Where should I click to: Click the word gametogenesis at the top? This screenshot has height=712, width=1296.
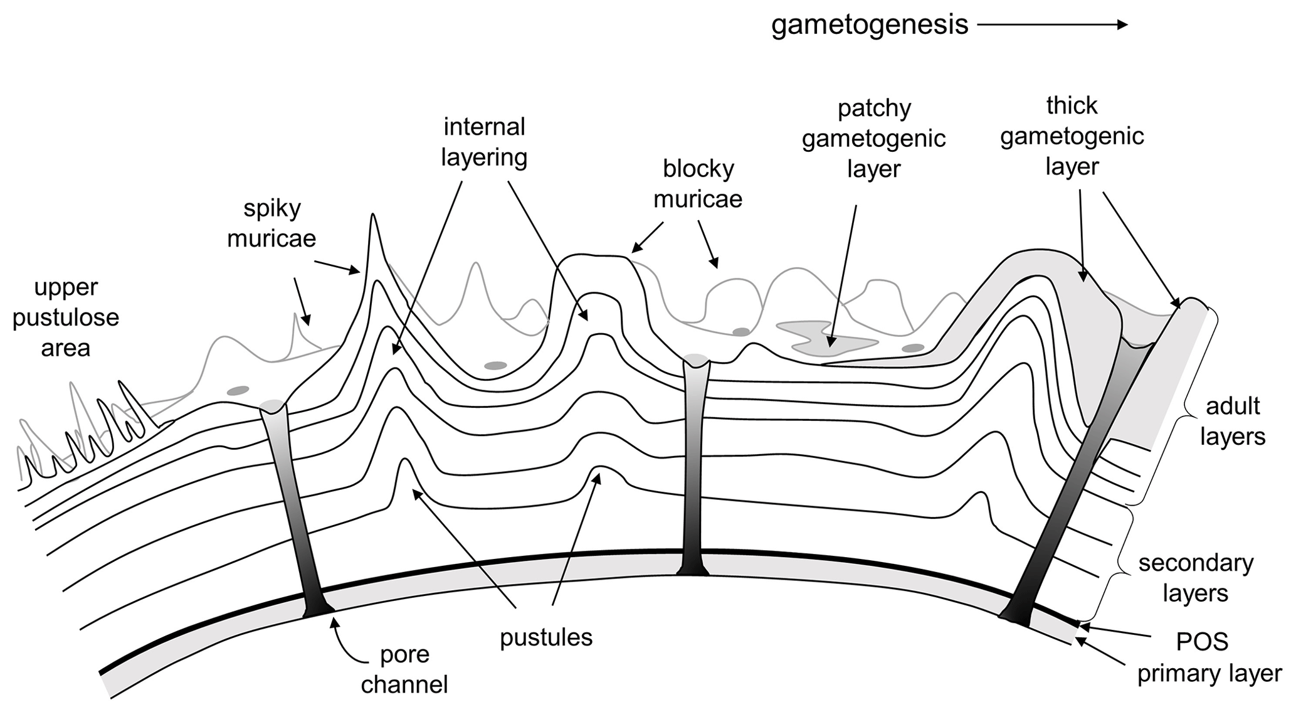870,25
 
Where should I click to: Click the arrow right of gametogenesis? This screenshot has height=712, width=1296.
1052,25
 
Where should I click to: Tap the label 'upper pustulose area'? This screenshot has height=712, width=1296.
66,317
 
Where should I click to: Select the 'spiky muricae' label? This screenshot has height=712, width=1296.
271,223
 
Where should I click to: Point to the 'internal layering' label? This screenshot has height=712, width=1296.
484,142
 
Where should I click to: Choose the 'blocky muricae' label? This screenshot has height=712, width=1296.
698,184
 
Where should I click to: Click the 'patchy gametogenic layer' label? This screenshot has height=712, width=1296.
873,139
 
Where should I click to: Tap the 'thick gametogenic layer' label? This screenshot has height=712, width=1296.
1072,136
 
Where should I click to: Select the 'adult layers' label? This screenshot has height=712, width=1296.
1233,421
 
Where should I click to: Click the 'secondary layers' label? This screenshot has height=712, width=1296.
1196,578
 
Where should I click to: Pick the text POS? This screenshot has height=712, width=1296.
1202,642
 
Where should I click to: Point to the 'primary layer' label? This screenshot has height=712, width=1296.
1209,674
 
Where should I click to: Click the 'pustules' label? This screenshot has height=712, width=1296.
546,637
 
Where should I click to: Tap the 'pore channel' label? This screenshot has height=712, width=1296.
404,669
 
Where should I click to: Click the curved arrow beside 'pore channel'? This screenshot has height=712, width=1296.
348,643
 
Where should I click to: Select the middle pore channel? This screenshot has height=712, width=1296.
694,464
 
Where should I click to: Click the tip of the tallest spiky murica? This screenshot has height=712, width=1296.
372,216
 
